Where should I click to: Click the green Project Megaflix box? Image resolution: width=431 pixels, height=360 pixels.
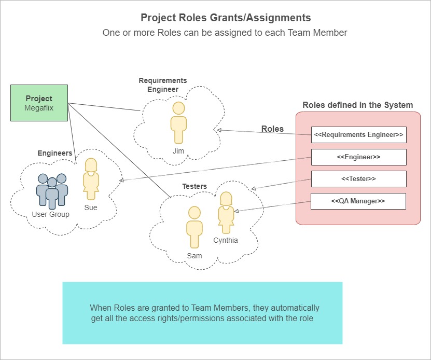coord(39,103)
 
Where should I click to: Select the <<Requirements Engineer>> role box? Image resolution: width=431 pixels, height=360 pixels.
coord(358,135)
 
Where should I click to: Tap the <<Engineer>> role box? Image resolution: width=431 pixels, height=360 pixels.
coord(358,157)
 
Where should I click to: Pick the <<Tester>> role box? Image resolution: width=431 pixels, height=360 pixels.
coord(358,178)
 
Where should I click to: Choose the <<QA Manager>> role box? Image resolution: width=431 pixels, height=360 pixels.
coord(358,201)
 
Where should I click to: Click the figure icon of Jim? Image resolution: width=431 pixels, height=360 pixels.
coord(178,122)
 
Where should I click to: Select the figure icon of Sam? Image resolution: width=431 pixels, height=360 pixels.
coord(194,227)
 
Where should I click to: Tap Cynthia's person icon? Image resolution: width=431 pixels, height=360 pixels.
coord(226,213)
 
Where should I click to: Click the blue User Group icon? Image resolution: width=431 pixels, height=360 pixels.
coord(52,190)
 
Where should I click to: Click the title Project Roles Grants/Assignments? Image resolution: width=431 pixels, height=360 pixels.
coord(226,18)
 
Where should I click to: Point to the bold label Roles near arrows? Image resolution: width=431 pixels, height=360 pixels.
coord(272,129)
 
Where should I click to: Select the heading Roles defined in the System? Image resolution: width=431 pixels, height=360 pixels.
coord(358,105)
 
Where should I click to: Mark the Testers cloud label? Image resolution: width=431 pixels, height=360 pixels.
coord(194,186)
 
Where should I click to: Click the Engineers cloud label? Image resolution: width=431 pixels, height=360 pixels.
coord(55,154)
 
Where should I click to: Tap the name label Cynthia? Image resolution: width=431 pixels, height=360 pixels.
coord(226,240)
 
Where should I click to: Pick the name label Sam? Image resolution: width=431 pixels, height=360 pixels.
coord(194,256)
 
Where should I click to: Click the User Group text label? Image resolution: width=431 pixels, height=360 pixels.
coord(51,214)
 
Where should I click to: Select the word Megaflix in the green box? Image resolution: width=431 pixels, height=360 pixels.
coord(39,108)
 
